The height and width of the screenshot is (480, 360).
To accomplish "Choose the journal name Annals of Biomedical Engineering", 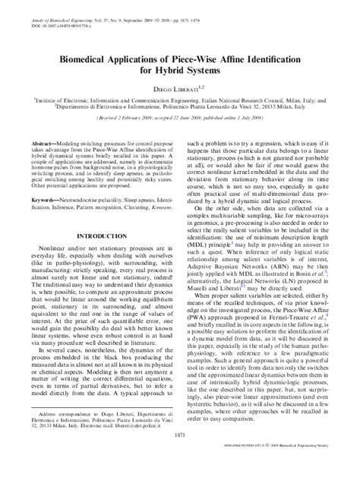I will click(x=50, y=8).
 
